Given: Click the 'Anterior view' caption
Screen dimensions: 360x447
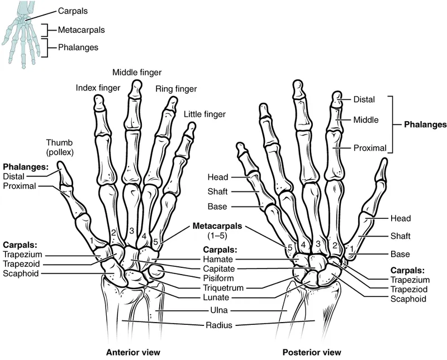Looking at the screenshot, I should tap(133, 352).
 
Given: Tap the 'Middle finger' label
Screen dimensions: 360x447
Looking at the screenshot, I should tap(137, 73).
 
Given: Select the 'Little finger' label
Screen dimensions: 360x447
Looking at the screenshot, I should tap(205, 114).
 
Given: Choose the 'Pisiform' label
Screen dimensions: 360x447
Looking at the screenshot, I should tap(218, 277).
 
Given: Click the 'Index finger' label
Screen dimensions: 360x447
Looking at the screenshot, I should tap(96, 88).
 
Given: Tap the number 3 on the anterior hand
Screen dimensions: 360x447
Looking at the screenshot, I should tap(131, 231).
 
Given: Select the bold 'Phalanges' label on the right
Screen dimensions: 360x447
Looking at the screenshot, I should tap(425, 125).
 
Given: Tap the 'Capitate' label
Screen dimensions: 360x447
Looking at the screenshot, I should tap(218, 268).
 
